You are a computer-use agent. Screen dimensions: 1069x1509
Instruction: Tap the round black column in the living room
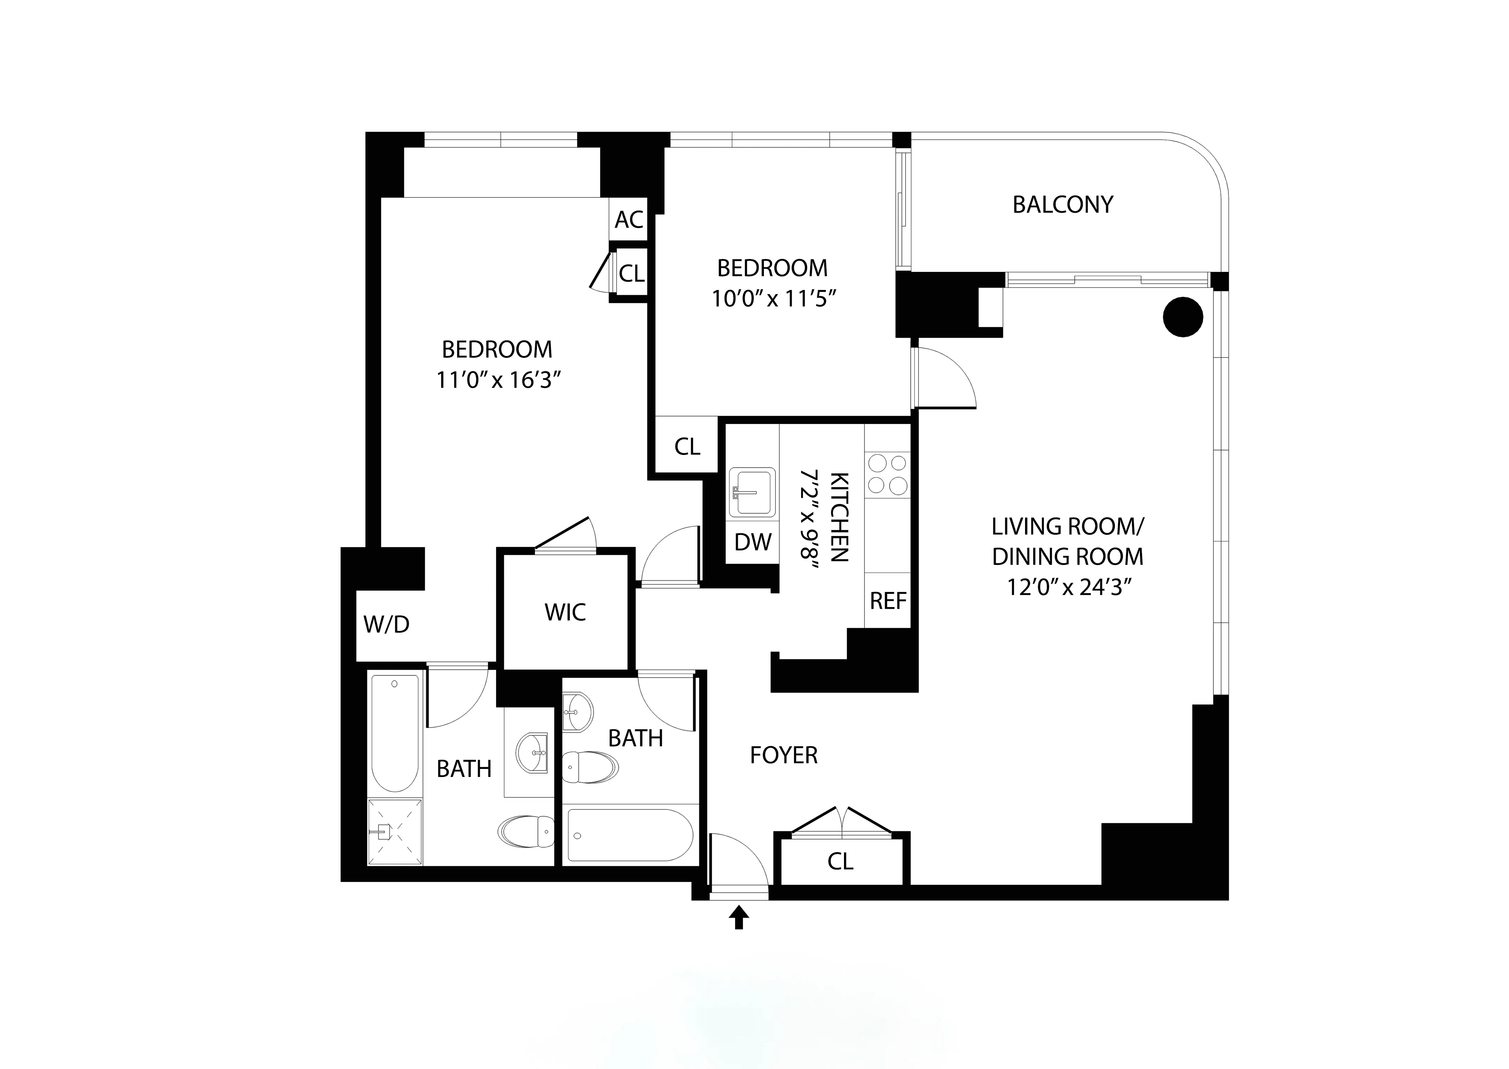(x=1183, y=317)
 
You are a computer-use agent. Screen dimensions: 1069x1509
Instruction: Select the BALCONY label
(x=1063, y=205)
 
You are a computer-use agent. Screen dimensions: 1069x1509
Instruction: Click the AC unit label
(x=629, y=219)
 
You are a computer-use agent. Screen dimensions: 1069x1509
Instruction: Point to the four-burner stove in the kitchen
(x=888, y=474)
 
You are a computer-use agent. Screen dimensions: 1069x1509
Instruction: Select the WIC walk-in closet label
(x=565, y=612)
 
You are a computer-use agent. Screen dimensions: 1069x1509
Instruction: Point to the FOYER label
(x=783, y=755)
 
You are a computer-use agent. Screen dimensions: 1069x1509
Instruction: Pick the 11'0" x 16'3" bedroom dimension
(x=498, y=380)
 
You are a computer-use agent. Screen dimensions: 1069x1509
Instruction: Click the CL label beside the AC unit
(x=631, y=273)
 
